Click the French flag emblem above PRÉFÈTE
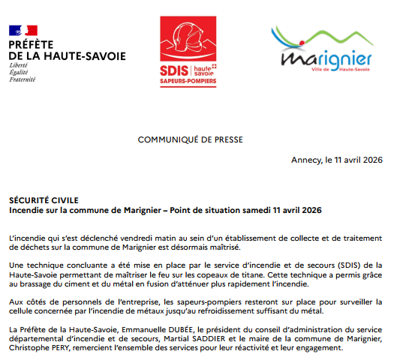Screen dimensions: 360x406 (x=23, y=31)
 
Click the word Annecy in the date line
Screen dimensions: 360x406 (x=305, y=161)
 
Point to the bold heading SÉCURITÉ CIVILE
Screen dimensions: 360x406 (x=38, y=202)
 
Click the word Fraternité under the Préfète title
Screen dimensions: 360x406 (x=23, y=78)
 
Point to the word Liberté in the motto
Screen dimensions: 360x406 (x=18, y=65)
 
